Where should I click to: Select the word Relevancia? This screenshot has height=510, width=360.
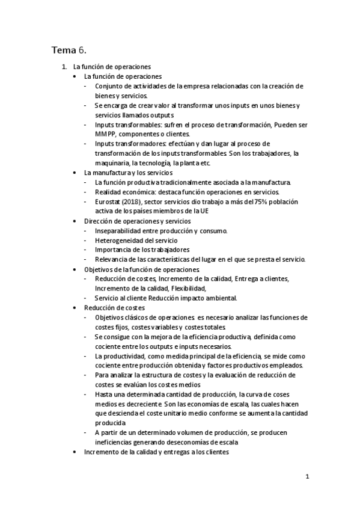pyautogui.click(x=112, y=259)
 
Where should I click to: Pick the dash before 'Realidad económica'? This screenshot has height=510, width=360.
pyautogui.click(x=87, y=192)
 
